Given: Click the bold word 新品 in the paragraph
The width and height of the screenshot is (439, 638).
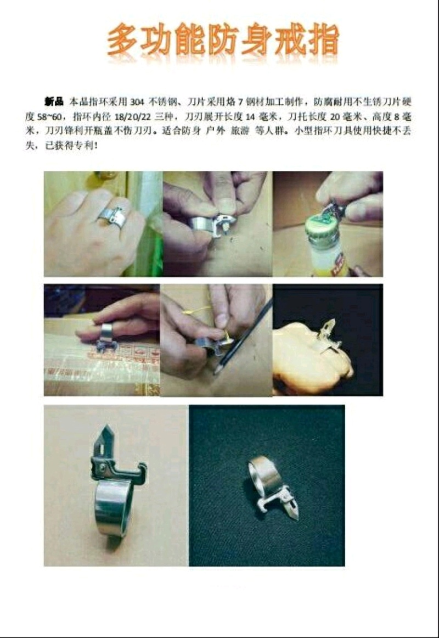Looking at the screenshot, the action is [x=54, y=102].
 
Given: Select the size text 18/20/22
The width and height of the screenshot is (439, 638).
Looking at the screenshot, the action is [x=132, y=117].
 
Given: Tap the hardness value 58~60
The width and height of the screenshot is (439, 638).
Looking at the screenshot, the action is [x=49, y=117].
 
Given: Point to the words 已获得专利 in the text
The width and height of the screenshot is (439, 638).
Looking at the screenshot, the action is [x=69, y=145].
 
